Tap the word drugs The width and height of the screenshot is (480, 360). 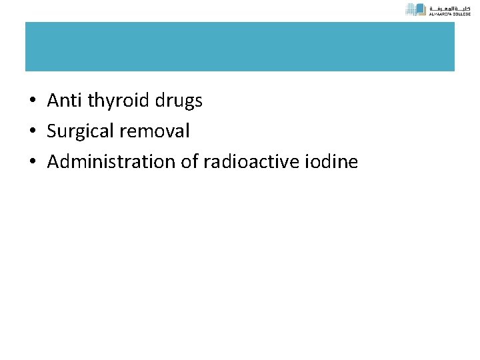179,102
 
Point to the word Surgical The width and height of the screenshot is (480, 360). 79,132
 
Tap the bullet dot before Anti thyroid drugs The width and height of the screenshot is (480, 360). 32,102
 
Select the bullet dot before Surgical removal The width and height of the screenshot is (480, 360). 32,132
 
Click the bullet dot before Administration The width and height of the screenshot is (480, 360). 32,162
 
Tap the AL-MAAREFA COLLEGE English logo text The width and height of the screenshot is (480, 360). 451,13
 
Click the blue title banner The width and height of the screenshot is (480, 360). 240,47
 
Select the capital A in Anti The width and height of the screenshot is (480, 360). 53,101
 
